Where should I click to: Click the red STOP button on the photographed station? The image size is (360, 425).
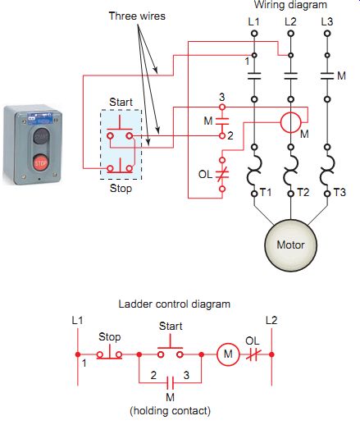tap(40, 163)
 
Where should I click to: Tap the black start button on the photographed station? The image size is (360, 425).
tap(41, 136)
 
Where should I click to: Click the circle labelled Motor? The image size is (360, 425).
tap(290, 245)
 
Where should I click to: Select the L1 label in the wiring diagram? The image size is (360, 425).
tap(253, 21)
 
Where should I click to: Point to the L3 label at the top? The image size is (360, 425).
tap(327, 21)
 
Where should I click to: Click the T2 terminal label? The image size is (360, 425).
tap(303, 193)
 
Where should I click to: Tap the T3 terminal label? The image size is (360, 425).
tap(339, 193)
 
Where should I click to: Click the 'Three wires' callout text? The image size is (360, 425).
tap(137, 16)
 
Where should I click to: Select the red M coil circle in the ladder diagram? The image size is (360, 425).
tap(228, 354)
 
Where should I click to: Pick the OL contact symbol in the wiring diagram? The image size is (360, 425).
tap(222, 174)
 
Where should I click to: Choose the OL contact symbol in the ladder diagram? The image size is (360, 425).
tap(253, 354)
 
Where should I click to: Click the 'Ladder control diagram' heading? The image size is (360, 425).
tap(175, 304)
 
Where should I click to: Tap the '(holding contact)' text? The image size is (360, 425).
tap(170, 411)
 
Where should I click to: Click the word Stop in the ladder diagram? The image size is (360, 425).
tap(109, 337)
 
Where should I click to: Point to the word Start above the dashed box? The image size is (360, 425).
tap(121, 102)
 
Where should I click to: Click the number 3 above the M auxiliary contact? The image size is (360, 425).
tap(221, 97)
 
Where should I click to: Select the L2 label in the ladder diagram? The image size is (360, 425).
tap(271, 320)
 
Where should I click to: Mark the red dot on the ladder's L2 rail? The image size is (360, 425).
tap(271, 354)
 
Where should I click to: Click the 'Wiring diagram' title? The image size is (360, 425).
tap(290, 5)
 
